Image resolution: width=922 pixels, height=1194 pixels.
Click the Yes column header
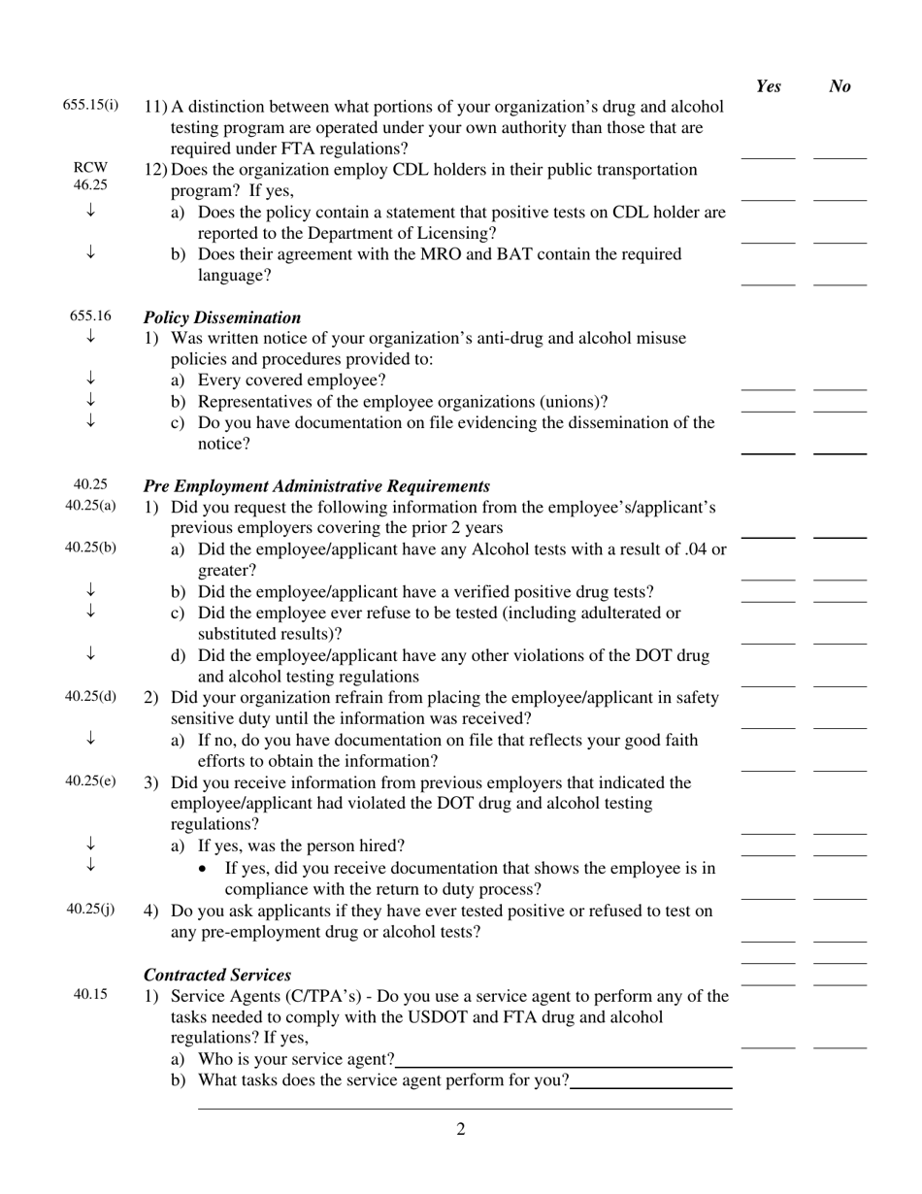point(768,86)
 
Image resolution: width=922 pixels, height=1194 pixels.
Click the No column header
point(840,86)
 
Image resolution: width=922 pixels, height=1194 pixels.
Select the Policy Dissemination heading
point(222,317)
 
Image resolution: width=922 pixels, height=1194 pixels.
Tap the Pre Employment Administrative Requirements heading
point(316,485)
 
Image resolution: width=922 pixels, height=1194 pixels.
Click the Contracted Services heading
point(217,975)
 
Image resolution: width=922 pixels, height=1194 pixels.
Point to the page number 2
point(461,1129)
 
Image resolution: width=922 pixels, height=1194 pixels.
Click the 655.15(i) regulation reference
point(90,105)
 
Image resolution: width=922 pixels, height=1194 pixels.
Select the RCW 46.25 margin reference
point(90,176)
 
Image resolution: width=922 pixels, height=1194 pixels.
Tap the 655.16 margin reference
point(90,315)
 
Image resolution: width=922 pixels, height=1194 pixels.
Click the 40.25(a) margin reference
point(90,505)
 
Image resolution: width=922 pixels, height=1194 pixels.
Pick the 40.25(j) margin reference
point(90,909)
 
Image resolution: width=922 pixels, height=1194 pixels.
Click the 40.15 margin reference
point(90,993)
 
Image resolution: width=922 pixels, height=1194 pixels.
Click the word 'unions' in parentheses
point(578,402)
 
